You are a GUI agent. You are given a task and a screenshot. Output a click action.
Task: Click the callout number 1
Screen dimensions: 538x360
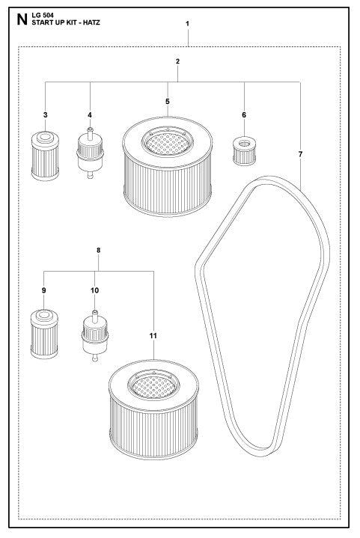pos(187,24)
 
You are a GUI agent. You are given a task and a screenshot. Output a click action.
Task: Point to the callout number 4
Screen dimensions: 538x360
pos(90,114)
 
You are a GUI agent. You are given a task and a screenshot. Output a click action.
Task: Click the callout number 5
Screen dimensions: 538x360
pos(168,100)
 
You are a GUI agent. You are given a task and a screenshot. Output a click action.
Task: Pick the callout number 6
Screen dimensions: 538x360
pos(244,114)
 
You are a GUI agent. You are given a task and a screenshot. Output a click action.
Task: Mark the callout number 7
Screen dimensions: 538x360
pos(300,153)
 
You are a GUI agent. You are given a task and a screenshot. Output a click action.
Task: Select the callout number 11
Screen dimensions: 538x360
pos(153,336)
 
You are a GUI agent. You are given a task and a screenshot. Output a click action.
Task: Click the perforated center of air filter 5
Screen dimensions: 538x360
pos(168,138)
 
